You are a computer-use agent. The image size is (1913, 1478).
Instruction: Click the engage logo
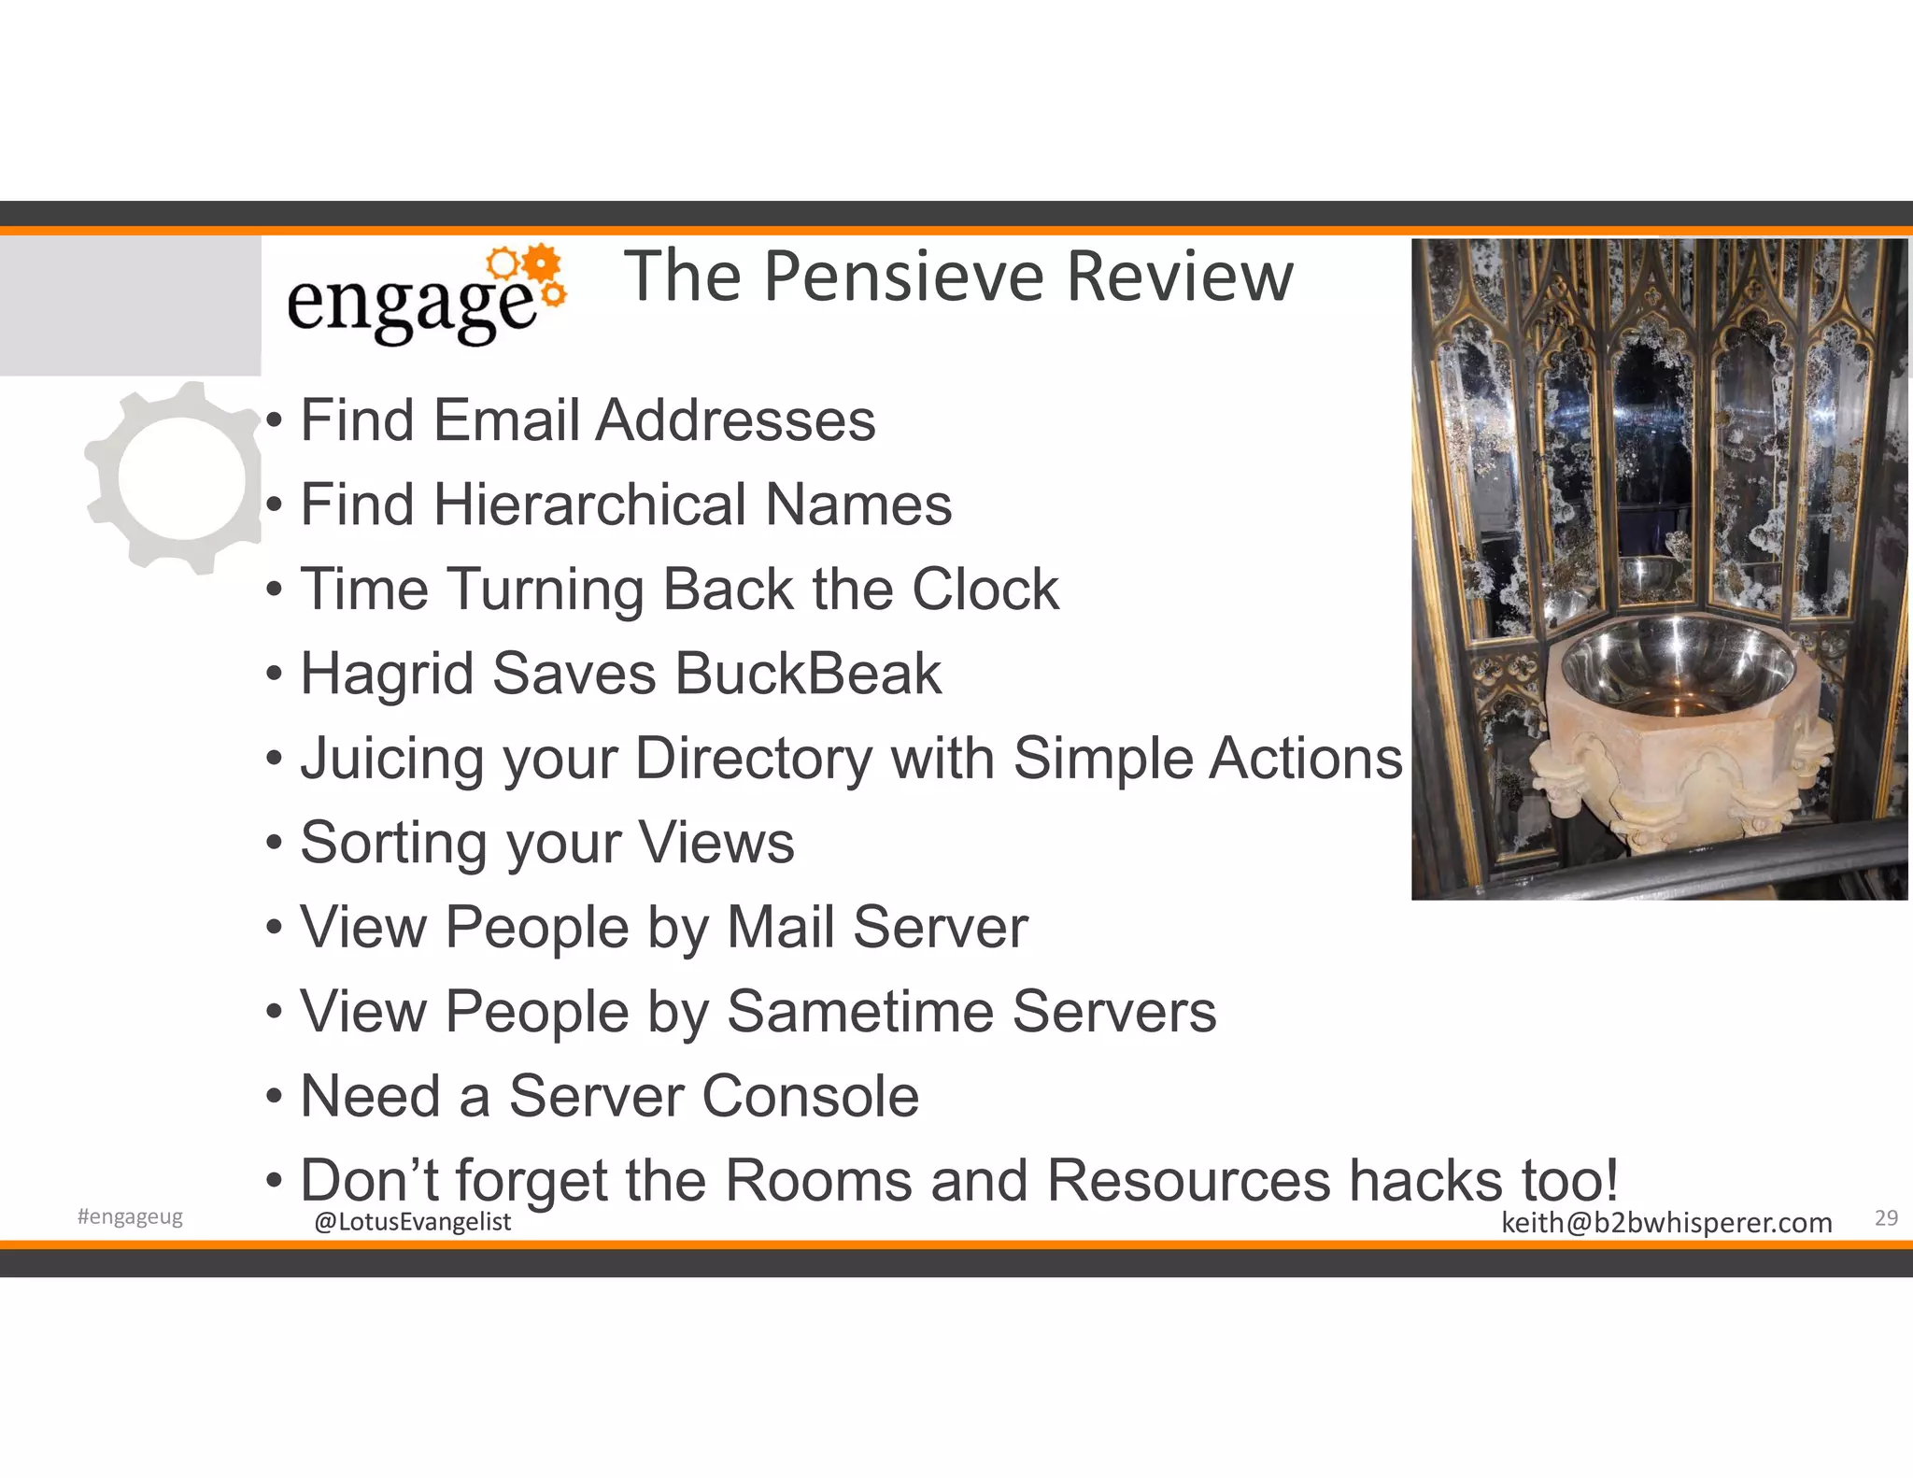[425, 297]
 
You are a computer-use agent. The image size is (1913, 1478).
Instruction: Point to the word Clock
[985, 590]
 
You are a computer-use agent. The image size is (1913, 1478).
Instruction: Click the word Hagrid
[387, 675]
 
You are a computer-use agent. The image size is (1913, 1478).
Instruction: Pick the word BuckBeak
[808, 674]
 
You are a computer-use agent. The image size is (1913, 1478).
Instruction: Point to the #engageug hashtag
[130, 1217]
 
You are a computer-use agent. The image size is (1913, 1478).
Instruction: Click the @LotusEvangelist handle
[413, 1222]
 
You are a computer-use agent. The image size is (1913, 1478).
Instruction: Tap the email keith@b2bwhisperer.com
[1665, 1223]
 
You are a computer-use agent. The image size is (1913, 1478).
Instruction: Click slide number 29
[1886, 1218]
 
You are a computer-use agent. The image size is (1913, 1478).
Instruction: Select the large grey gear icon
[175, 478]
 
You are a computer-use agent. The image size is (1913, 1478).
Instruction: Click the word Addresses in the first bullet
[736, 420]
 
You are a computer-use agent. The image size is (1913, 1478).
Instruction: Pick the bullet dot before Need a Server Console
[274, 1097]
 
